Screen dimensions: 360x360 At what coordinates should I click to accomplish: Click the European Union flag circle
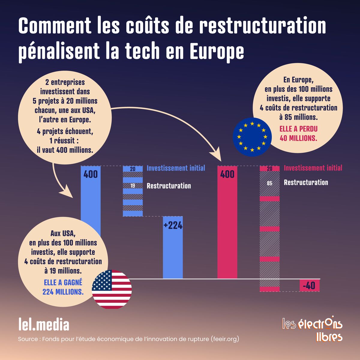click(252, 137)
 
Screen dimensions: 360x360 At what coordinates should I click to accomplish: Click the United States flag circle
click(112, 289)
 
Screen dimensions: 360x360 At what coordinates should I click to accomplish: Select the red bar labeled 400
click(227, 222)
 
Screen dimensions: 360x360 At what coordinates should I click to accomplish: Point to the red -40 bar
click(310, 285)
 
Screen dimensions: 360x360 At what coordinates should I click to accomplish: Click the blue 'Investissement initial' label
click(176, 168)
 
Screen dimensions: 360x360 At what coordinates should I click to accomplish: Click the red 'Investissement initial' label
click(313, 168)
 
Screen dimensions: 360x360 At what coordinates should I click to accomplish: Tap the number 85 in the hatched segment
click(269, 183)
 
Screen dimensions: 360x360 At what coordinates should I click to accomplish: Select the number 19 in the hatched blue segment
click(133, 186)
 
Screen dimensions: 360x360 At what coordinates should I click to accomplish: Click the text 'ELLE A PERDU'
click(298, 129)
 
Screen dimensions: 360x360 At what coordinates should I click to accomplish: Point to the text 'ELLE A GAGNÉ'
click(63, 283)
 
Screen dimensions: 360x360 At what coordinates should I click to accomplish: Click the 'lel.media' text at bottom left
click(44, 325)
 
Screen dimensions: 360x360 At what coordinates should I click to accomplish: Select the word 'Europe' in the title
click(217, 52)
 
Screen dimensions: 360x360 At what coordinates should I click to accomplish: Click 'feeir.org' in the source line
click(225, 339)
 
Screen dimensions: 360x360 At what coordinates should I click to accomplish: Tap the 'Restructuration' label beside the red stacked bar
click(306, 182)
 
